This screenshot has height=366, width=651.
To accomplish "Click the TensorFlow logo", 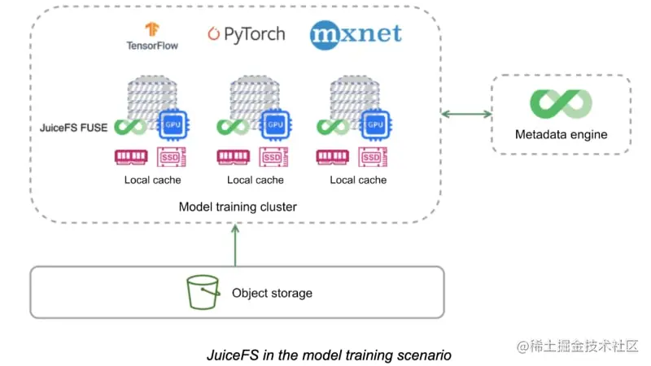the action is click(152, 36).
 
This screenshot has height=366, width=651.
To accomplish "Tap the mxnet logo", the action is click(356, 35).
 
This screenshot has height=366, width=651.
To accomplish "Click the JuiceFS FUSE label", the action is click(73, 128).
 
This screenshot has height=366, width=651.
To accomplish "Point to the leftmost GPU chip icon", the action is click(173, 124).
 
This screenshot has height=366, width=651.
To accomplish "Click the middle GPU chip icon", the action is click(275, 124).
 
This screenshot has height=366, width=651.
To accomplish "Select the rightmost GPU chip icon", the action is click(375, 124).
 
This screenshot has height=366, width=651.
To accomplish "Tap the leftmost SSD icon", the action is click(171, 157).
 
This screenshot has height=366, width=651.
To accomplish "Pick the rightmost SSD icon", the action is click(373, 157).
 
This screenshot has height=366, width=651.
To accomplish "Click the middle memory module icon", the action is click(234, 157).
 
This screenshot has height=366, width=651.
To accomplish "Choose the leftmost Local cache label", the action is click(152, 180).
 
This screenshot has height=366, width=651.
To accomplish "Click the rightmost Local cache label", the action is click(358, 180).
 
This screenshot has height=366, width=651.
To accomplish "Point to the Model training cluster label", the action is click(238, 207).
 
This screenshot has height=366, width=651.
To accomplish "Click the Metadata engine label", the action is click(561, 134).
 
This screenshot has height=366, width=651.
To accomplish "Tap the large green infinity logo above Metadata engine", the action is click(561, 103).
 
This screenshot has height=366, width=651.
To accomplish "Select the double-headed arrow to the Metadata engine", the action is click(466, 114).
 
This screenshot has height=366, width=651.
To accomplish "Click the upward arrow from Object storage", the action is click(235, 245).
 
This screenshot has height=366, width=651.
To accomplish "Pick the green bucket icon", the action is click(203, 292).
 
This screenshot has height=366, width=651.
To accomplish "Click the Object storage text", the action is click(272, 293).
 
